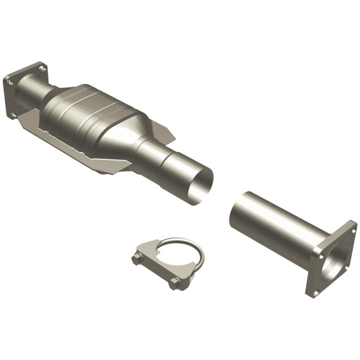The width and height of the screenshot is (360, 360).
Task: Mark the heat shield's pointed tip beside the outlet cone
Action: coord(172,136)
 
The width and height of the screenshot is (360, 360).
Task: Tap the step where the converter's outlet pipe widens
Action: coord(165,162)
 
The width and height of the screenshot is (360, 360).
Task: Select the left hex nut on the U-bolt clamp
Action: coord(137,259)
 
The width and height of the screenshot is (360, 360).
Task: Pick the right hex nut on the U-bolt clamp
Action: coord(174,283)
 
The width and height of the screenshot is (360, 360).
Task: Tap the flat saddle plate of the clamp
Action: coord(155,260)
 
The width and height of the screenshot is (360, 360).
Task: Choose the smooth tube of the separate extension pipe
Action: coord(280,225)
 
